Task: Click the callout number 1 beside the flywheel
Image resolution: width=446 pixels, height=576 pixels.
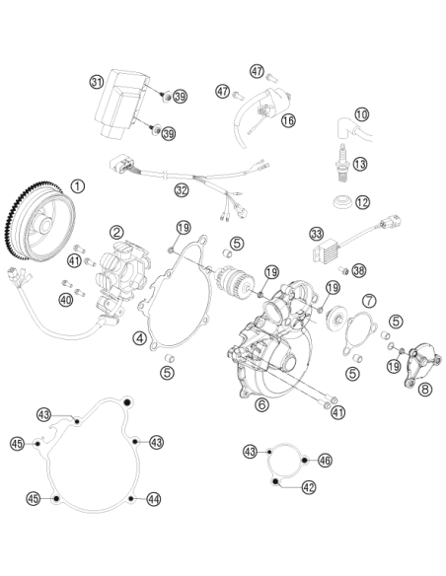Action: pyautogui.click(x=77, y=186)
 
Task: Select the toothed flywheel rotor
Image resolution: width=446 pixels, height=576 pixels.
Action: pyautogui.click(x=39, y=221)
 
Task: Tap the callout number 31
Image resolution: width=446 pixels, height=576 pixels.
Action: pyautogui.click(x=97, y=82)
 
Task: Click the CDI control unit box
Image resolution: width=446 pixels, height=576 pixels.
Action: pyautogui.click(x=122, y=103)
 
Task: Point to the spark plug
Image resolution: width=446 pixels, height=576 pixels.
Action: pyautogui.click(x=342, y=162)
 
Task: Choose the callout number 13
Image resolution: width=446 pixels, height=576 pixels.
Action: pyautogui.click(x=360, y=164)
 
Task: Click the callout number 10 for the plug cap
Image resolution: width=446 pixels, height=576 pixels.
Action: pyautogui.click(x=362, y=114)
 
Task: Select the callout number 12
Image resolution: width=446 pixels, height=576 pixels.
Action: pyautogui.click(x=362, y=202)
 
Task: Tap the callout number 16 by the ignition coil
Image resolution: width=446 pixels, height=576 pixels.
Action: pyautogui.click(x=288, y=120)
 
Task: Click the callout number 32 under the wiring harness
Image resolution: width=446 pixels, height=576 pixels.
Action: pyautogui.click(x=182, y=190)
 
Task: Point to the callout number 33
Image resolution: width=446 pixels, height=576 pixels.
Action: pyautogui.click(x=317, y=234)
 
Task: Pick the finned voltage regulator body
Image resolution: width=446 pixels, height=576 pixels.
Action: pyautogui.click(x=326, y=252)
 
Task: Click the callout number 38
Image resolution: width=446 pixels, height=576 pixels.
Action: pyautogui.click(x=359, y=270)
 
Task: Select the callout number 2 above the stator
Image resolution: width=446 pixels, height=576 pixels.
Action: pyautogui.click(x=116, y=232)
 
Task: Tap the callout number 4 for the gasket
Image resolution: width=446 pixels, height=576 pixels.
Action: pyautogui.click(x=140, y=338)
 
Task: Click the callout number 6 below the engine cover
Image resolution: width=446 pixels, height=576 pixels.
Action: pyautogui.click(x=261, y=404)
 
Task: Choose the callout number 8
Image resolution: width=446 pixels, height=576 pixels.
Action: pyautogui.click(x=425, y=389)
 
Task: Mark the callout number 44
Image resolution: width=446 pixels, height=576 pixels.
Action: pyautogui.click(x=154, y=499)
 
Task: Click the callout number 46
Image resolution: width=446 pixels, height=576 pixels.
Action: pyautogui.click(x=325, y=460)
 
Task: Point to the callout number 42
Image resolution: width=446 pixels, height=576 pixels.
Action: pyautogui.click(x=309, y=487)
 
